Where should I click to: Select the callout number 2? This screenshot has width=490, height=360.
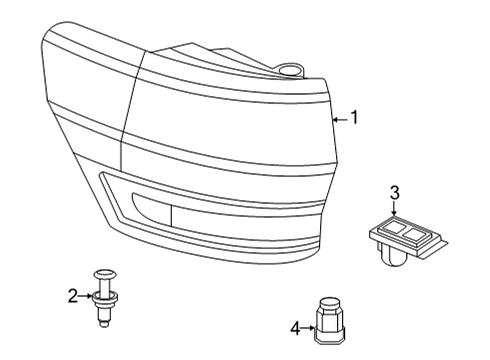coord(72,295)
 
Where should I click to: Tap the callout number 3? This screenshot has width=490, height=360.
coord(394,192)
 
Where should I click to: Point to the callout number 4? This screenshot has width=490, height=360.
coord(294,326)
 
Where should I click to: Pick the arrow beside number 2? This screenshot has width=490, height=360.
coord(86,295)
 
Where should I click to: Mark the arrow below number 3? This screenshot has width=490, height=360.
coord(394,209)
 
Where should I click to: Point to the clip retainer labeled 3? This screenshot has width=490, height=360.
coord(401,238)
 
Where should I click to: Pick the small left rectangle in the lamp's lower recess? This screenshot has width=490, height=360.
coord(148,211)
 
